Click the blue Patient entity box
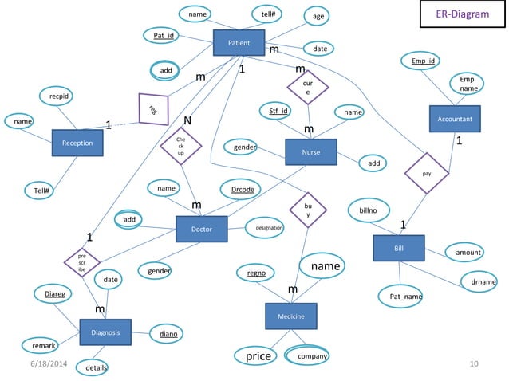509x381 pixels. coord(239,42)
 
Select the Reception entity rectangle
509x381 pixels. coord(77,143)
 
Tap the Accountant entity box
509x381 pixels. coord(455,119)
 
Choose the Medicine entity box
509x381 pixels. coord(290,316)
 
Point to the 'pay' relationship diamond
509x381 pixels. coord(428,172)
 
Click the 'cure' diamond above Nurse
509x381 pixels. coord(307,88)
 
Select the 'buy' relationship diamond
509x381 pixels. coord(308,210)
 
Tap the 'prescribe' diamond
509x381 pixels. coord(82,261)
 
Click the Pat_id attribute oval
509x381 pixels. coord(165,36)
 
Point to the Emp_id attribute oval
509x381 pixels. coord(423,61)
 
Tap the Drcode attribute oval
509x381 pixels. coord(243,190)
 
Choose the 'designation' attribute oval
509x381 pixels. coord(268,228)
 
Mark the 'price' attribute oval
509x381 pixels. coord(258,355)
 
